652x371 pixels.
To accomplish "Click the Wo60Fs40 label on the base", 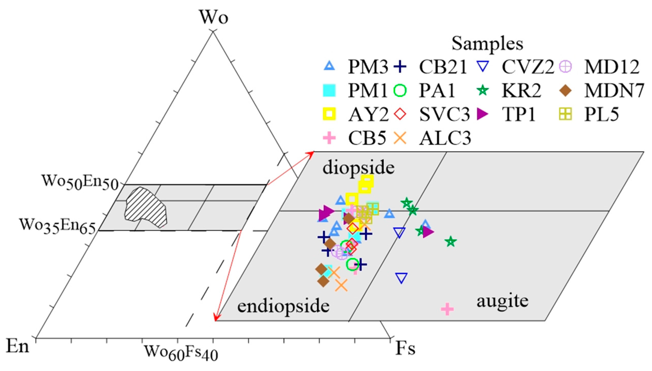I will point(181,352).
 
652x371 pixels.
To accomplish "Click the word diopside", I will point(358,168).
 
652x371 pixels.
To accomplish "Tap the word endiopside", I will point(283,306).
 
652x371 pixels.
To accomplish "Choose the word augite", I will point(502,301).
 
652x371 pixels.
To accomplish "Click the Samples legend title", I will point(487,44).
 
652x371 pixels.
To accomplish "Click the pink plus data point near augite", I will point(447,309).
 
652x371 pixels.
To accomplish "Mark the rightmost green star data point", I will point(451,241).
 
